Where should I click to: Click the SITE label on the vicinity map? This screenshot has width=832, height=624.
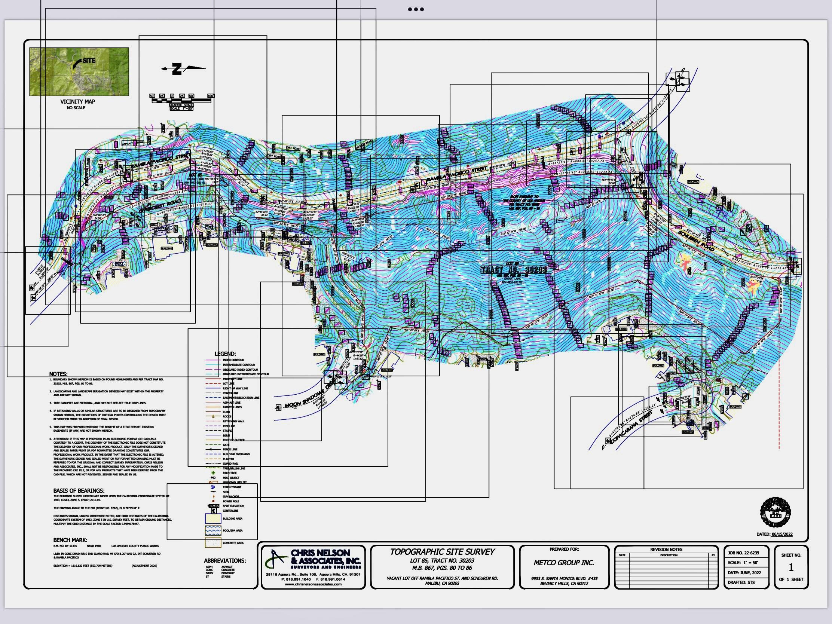pyautogui.click(x=89, y=61)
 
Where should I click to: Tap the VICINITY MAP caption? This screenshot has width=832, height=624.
pyautogui.click(x=77, y=101)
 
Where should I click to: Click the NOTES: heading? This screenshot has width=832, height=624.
pyautogui.click(x=58, y=374)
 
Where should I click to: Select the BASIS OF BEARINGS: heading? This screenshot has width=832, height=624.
pyautogui.click(x=79, y=490)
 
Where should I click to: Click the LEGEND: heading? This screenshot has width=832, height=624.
pyautogui.click(x=225, y=354)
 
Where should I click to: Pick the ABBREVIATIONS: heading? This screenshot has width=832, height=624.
pyautogui.click(x=224, y=560)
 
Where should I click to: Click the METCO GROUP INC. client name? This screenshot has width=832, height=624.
pyautogui.click(x=564, y=563)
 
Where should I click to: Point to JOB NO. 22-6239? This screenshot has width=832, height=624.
pyautogui.click(x=743, y=553)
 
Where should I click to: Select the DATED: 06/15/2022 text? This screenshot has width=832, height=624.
pyautogui.click(x=774, y=534)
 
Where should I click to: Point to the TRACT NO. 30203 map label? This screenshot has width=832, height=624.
pyautogui.click(x=514, y=270)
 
